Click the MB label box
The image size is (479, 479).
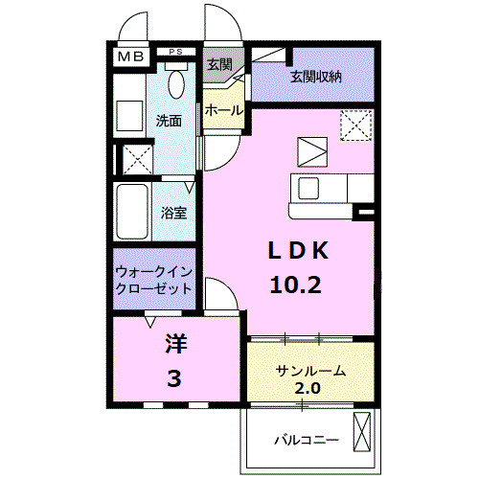(x=130, y=57)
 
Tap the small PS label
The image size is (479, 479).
(x=175, y=51)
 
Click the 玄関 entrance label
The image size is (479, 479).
(x=218, y=64)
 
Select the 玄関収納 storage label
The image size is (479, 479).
(x=315, y=77)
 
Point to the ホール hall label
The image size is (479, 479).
(x=223, y=111)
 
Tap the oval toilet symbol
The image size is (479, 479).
(x=176, y=83)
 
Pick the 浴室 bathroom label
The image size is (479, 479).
(x=172, y=211)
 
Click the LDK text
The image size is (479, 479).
(x=298, y=250)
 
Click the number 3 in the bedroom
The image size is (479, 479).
(x=173, y=380)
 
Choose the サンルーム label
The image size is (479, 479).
(x=309, y=372)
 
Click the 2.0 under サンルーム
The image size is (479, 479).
(x=308, y=388)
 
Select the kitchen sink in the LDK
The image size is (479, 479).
(x=312, y=186)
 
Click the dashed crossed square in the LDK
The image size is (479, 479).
(x=356, y=125)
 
